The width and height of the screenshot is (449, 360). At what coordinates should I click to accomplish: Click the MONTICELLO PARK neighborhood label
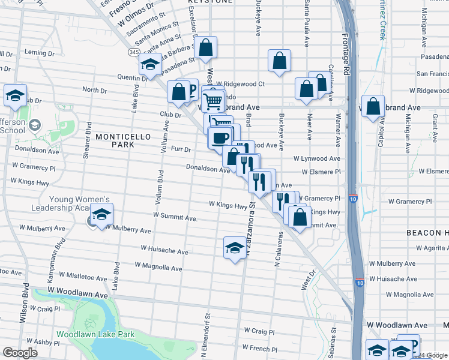click(x=123, y=140)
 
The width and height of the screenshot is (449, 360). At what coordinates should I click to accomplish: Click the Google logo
click(x=20, y=353)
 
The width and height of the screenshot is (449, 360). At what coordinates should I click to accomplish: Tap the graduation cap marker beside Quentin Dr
click(x=150, y=64)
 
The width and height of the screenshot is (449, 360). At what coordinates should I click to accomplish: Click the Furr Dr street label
click(x=181, y=149)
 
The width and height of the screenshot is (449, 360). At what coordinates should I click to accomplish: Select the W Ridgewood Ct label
click(x=241, y=84)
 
